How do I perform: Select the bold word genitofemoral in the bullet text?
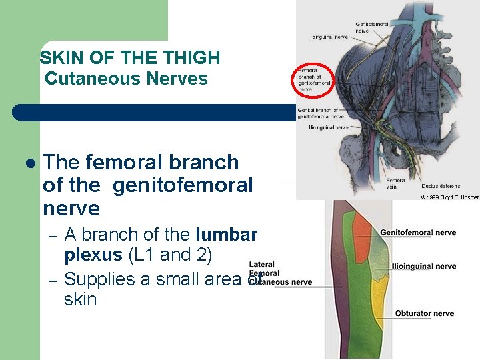point(183,185)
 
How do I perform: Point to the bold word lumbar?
point(227,235)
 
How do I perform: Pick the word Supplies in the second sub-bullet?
point(99,279)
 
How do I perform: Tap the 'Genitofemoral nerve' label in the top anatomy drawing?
point(372,27)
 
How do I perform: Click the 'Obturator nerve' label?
point(424,313)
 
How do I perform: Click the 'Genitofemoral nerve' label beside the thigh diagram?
point(417,233)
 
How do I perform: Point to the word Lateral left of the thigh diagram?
point(261,265)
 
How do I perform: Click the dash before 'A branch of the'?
point(52,237)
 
